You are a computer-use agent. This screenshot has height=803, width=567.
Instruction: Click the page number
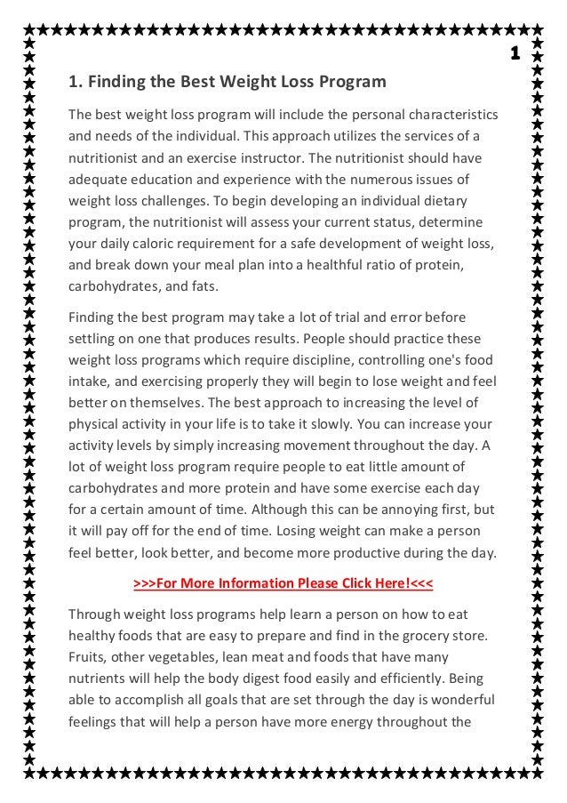pos(515,54)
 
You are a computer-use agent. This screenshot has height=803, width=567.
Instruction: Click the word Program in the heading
pos(353,83)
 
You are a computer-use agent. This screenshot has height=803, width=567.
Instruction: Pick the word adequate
pos(98,180)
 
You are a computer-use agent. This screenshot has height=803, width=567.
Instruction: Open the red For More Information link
pos(283,583)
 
